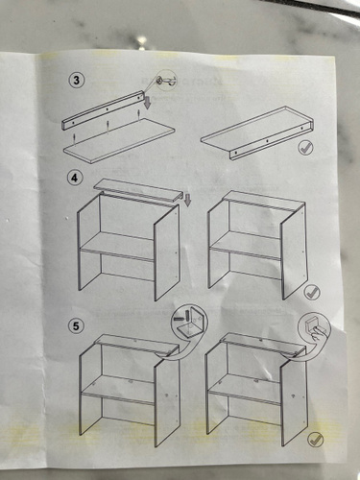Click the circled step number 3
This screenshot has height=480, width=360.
coord(76,80)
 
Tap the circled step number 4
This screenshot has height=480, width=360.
coord(74,178)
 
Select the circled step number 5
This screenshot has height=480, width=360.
coord(76,326)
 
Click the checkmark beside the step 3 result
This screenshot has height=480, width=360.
coord(305,148)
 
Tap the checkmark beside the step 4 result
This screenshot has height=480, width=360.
coord(312,292)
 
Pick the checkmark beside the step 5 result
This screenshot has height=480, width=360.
coord(315,440)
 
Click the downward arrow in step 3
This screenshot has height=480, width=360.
coord(147,103)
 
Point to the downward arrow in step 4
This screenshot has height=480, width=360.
coord(187,200)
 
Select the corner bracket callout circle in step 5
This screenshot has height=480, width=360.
coord(189,324)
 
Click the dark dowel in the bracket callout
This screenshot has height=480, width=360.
coord(181,319)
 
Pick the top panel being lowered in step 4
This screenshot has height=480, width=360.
coord(138,190)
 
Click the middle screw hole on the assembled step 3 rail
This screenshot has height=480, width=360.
coord(267,140)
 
